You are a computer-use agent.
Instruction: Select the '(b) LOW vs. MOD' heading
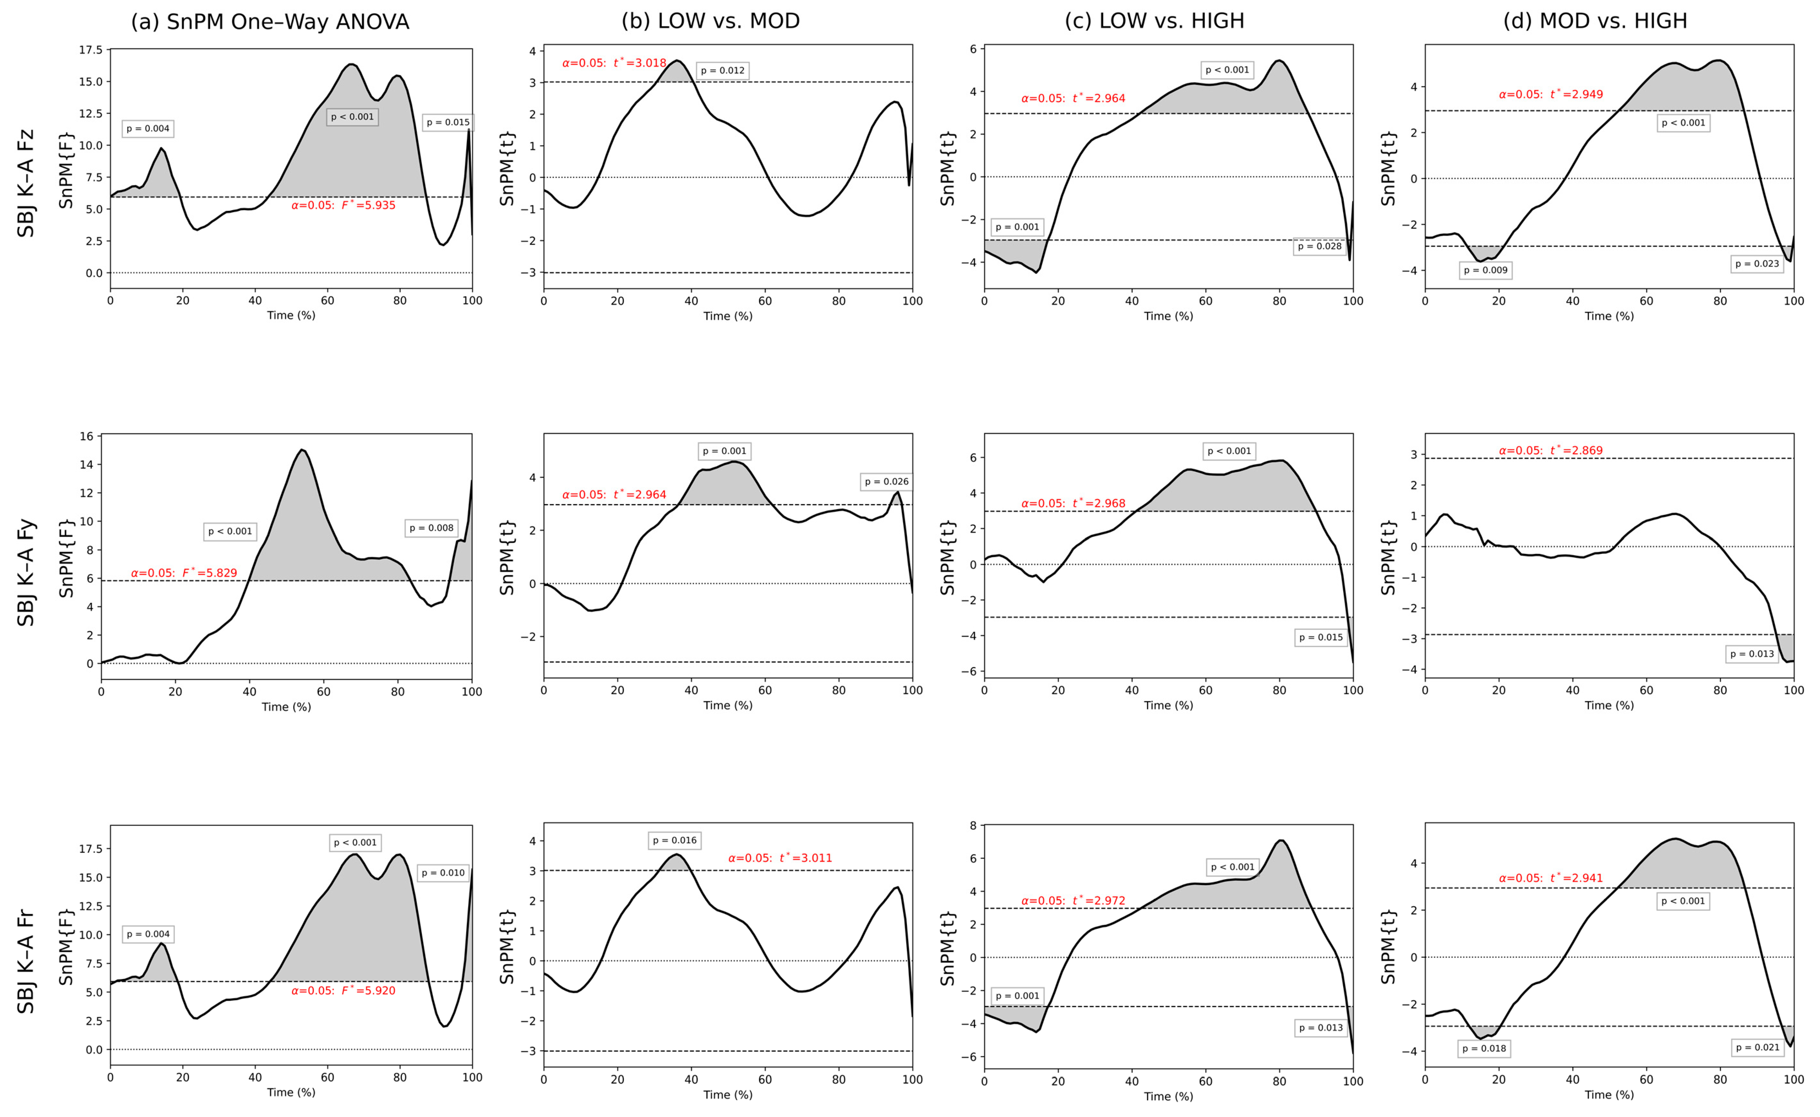[x=710, y=21]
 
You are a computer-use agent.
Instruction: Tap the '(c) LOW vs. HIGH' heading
[x=1154, y=21]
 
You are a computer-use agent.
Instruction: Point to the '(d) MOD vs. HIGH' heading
[x=1595, y=21]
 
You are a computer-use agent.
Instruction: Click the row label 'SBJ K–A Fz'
[x=26, y=183]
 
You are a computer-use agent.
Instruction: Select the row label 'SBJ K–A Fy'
[x=26, y=573]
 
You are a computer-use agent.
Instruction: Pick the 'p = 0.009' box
[x=1485, y=270]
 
